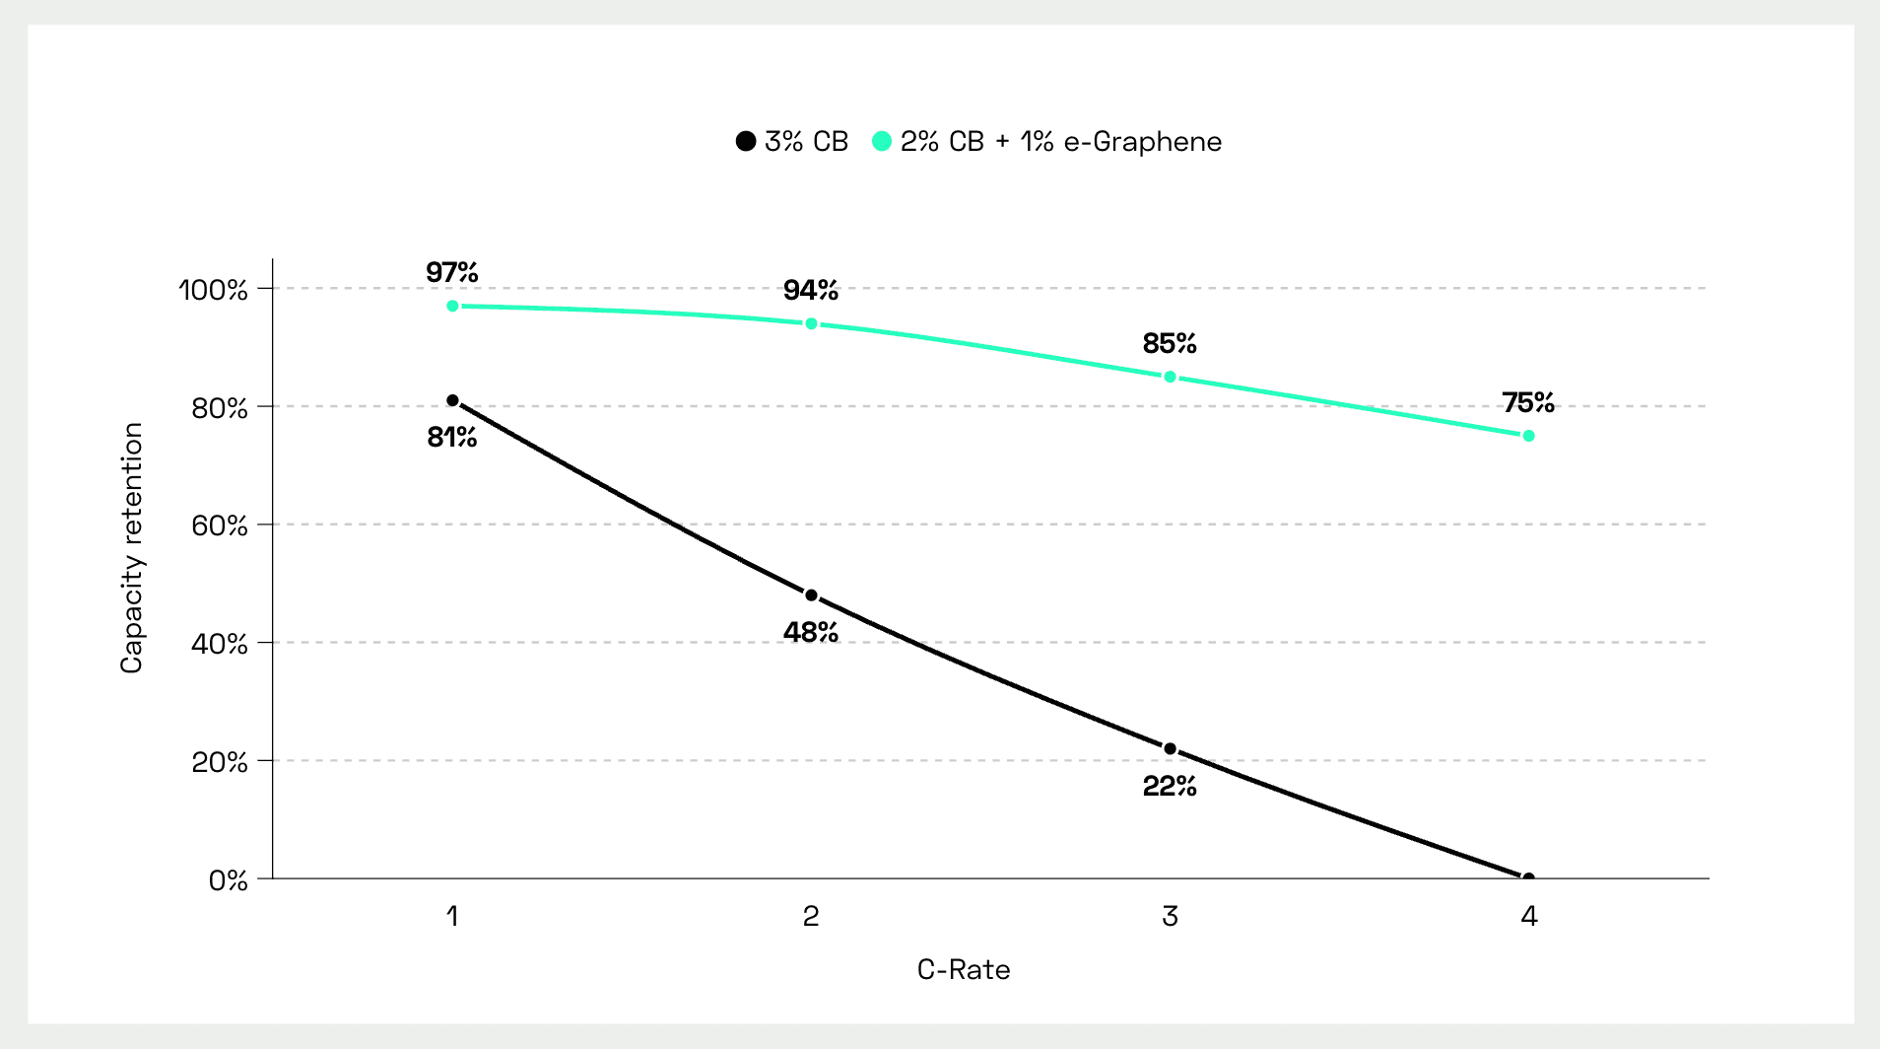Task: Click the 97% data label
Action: [452, 272]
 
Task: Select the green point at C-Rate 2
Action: [811, 323]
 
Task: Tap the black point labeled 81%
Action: [452, 400]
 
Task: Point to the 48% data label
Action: [811, 633]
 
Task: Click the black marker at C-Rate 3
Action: [1170, 749]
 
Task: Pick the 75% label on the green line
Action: [1528, 402]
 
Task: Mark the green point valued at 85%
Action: [1170, 377]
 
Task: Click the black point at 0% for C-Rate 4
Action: [1528, 877]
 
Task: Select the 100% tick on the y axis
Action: [213, 290]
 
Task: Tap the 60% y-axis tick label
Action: [220, 525]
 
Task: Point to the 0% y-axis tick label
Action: [229, 880]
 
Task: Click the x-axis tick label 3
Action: [1170, 917]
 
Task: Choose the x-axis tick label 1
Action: [452, 917]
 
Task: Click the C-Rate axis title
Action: [964, 970]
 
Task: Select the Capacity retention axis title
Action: [132, 548]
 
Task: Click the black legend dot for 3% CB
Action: [746, 142]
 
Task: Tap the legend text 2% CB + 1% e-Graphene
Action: [1060, 142]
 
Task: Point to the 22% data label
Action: [1170, 787]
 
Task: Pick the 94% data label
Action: [811, 290]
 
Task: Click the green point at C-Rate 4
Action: [1528, 436]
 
